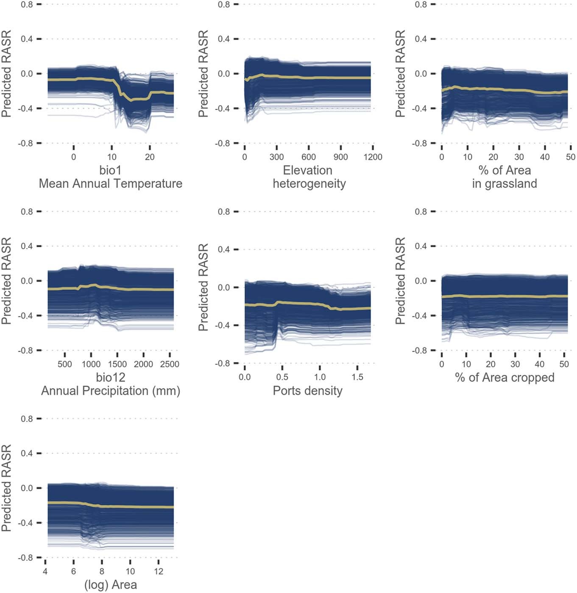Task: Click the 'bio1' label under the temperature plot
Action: point(110,170)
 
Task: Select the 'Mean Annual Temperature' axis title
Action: point(110,183)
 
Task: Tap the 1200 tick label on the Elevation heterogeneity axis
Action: point(373,157)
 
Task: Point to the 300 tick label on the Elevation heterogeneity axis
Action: point(276,157)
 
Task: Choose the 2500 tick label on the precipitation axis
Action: point(170,364)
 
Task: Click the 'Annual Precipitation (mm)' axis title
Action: point(110,391)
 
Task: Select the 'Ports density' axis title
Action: point(307,391)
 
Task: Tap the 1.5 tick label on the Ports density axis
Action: point(357,377)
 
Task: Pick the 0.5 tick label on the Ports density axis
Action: point(282,377)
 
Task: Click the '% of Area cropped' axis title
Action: point(505,377)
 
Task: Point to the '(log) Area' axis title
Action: point(110,585)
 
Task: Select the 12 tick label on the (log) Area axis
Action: point(159,571)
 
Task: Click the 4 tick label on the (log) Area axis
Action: point(45,571)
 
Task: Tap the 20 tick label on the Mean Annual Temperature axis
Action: point(150,157)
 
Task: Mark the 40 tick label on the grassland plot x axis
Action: point(545,157)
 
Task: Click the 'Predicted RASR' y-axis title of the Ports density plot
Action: point(203,287)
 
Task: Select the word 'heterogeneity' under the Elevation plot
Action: point(309,184)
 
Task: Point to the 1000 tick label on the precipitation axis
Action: point(91,364)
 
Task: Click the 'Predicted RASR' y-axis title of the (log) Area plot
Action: point(6,488)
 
